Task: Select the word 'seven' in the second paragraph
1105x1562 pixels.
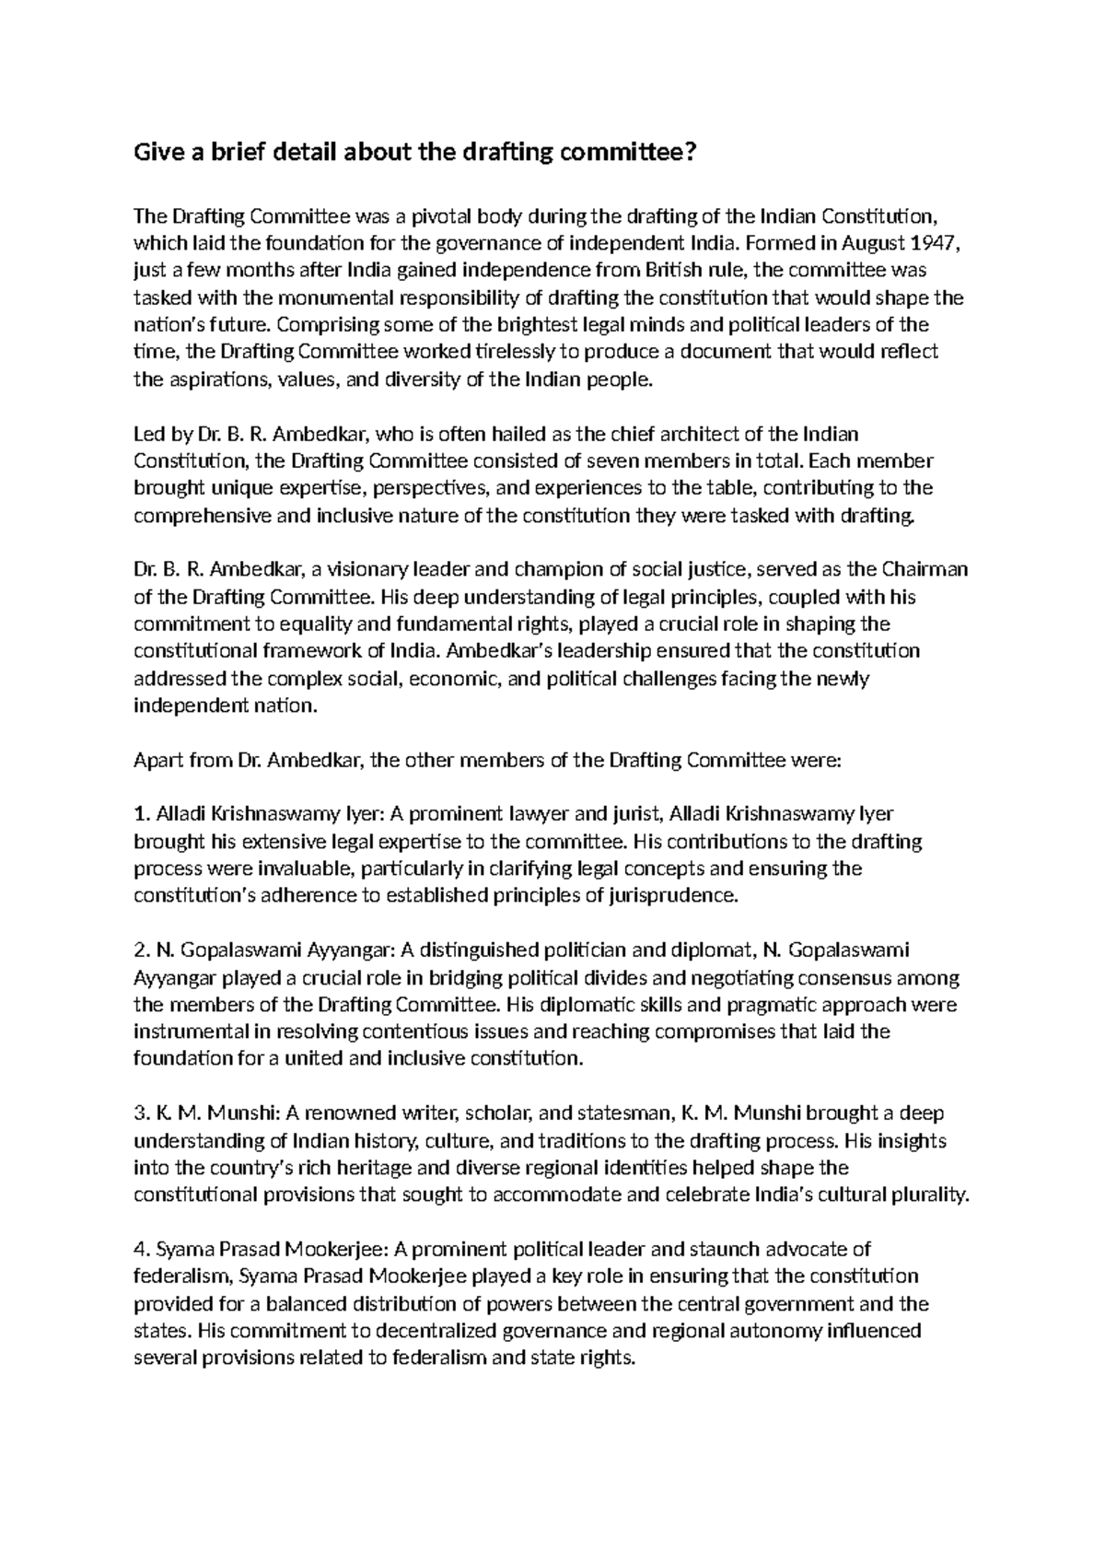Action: (x=642, y=460)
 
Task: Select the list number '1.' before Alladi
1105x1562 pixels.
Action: (x=141, y=814)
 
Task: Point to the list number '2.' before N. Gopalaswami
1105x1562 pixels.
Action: (x=141, y=950)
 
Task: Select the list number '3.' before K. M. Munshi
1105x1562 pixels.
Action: (x=141, y=1113)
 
